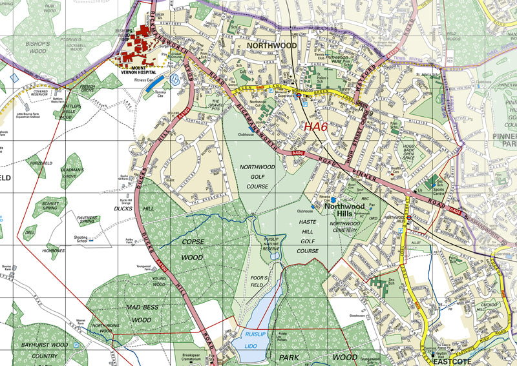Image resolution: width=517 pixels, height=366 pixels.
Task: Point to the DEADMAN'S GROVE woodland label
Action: pos(72,174)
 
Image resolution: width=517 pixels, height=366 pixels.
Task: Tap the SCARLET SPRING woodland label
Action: pos(50,207)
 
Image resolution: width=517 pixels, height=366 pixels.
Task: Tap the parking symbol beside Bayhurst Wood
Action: pos(77,345)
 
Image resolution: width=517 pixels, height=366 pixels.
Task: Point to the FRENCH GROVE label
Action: pos(87,88)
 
